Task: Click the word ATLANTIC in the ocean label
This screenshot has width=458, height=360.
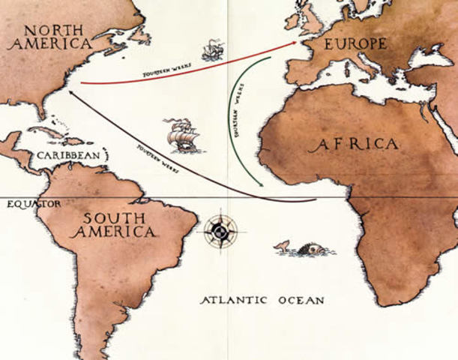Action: (235, 300)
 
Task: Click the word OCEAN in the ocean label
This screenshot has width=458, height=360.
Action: (299, 300)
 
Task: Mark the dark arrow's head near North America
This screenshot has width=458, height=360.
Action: (70, 93)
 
